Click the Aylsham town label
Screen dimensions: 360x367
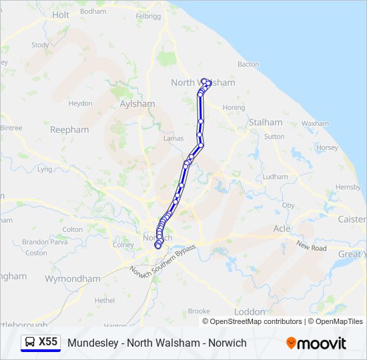(137, 104)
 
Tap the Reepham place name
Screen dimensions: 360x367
(69, 130)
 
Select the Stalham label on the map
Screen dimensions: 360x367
(265, 123)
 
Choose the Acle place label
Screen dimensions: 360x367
(282, 229)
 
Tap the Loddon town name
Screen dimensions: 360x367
(250, 311)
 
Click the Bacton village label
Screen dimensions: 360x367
(248, 65)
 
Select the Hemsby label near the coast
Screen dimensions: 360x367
(348, 187)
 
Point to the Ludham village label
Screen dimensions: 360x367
(276, 177)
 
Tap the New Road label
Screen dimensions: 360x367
(312, 247)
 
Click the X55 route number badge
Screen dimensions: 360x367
(48, 342)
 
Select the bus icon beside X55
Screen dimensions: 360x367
(30, 342)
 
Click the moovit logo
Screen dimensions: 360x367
(316, 343)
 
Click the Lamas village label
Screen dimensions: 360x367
(173, 138)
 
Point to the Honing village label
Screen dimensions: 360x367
(234, 107)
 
